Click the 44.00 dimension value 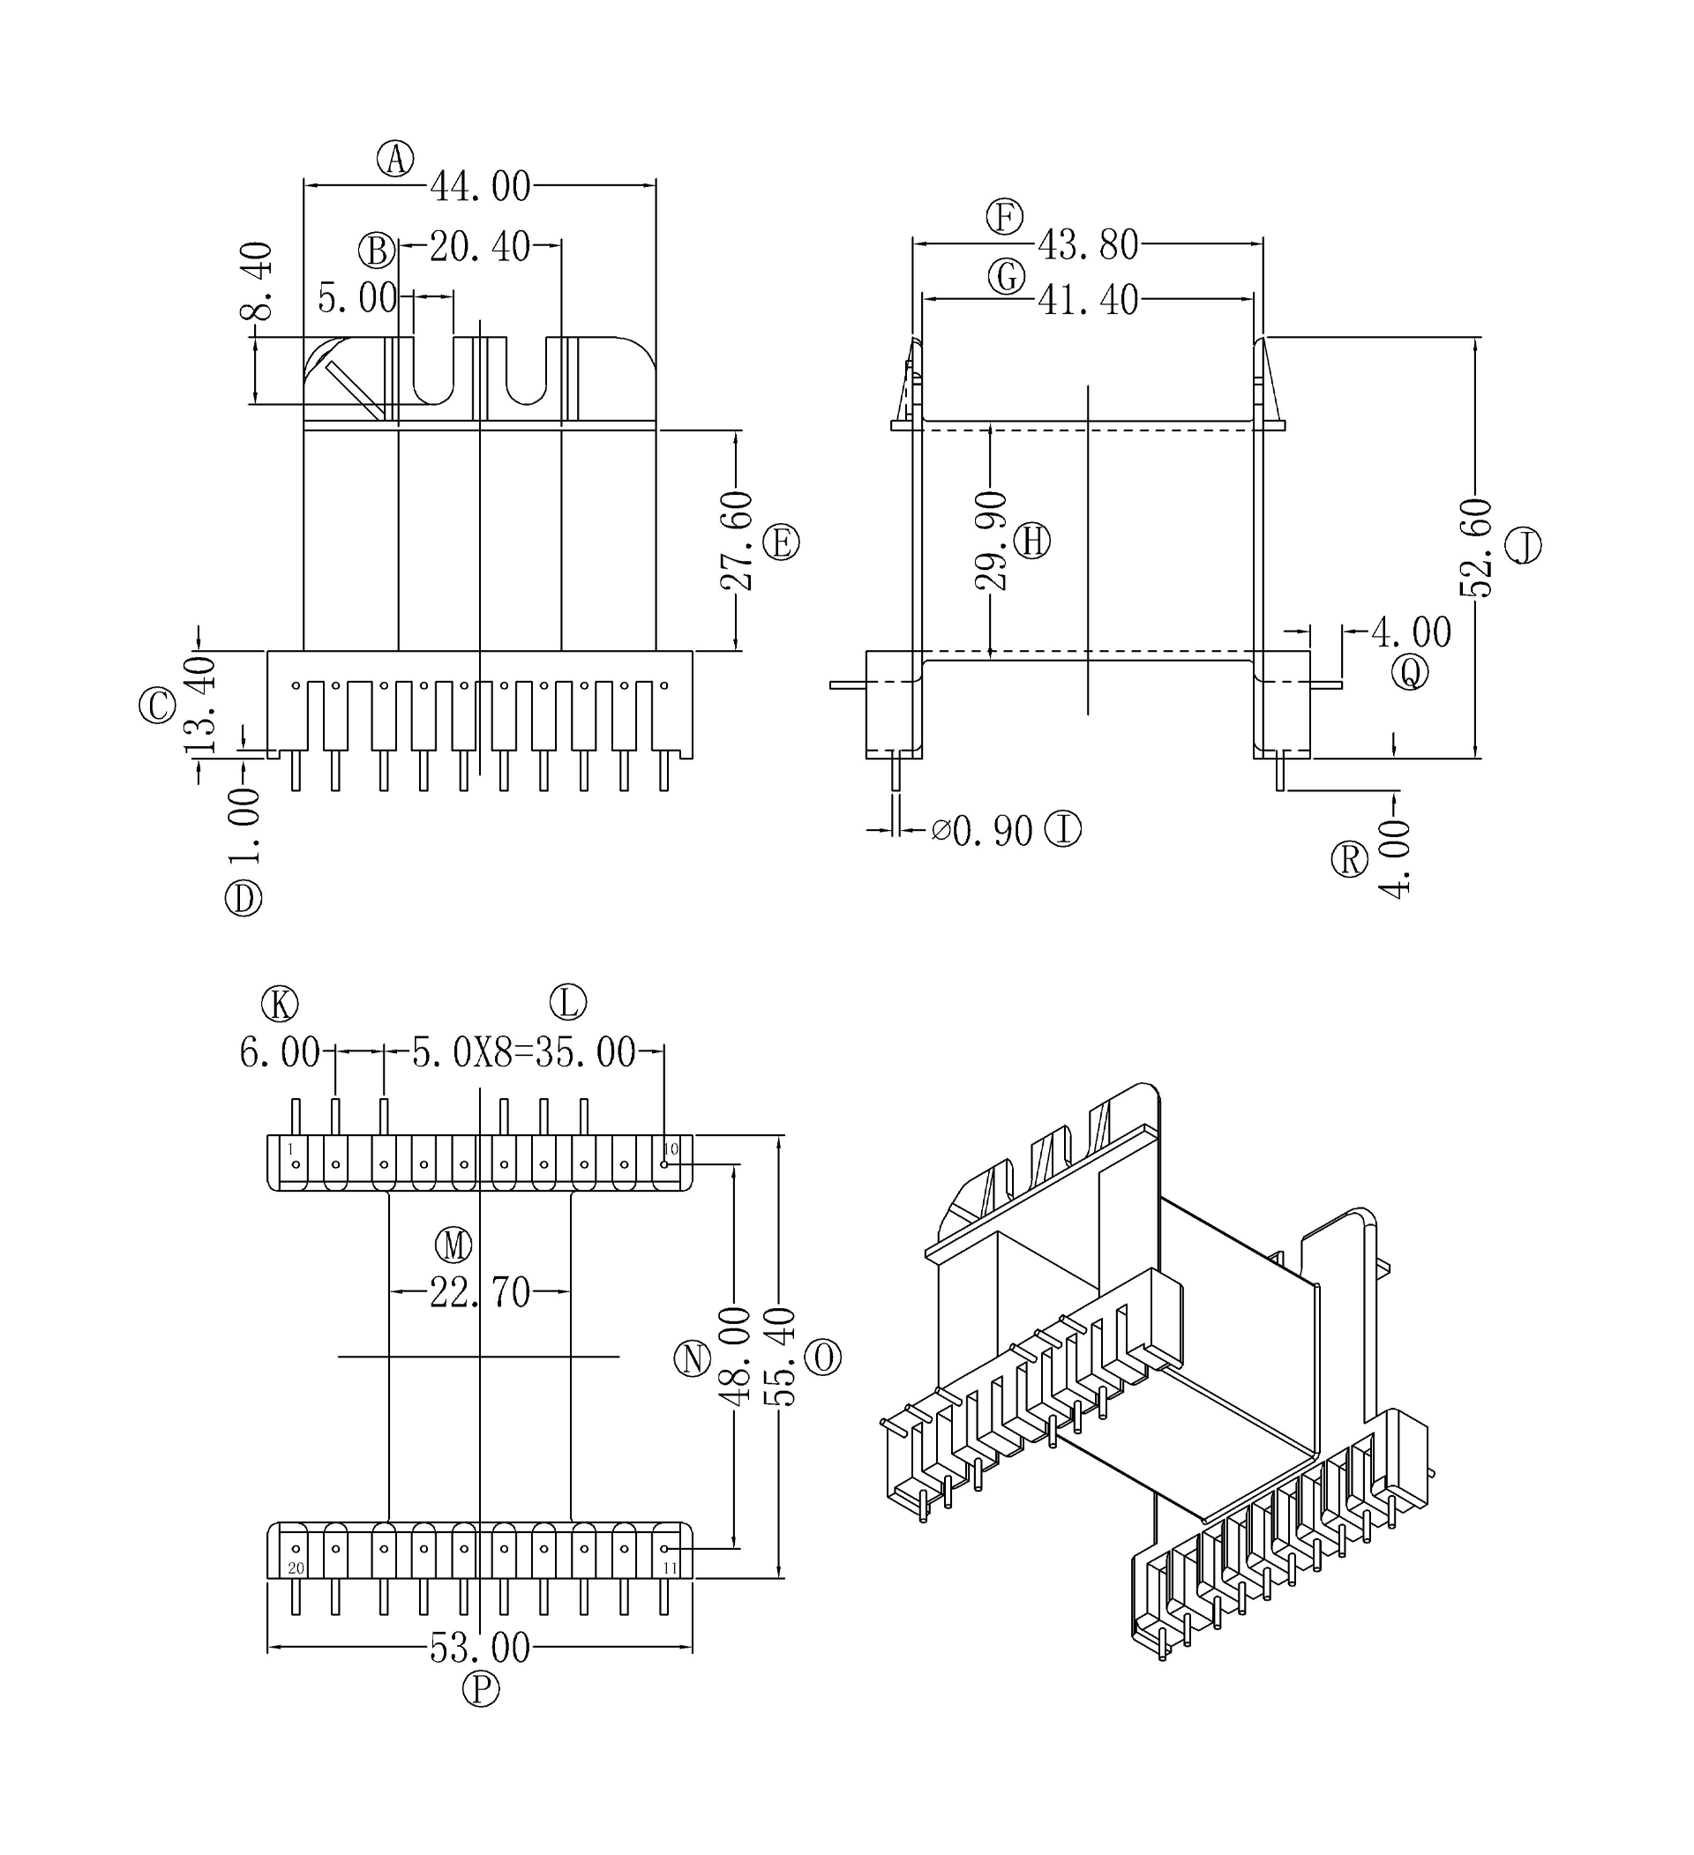(480, 187)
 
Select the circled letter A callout (395, 159)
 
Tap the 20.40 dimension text (479, 247)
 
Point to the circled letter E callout (781, 542)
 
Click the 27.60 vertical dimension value (737, 541)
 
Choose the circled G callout (1007, 276)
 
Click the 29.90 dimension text (991, 541)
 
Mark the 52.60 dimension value (1476, 548)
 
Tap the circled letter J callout (1524, 547)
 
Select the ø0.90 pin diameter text (982, 832)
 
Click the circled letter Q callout (1410, 673)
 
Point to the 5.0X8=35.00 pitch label (523, 1052)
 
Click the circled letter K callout (280, 1004)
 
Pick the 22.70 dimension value (480, 1294)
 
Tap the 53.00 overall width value (480, 1648)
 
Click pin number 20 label (296, 1568)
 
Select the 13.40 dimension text (200, 706)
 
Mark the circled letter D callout (244, 898)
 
